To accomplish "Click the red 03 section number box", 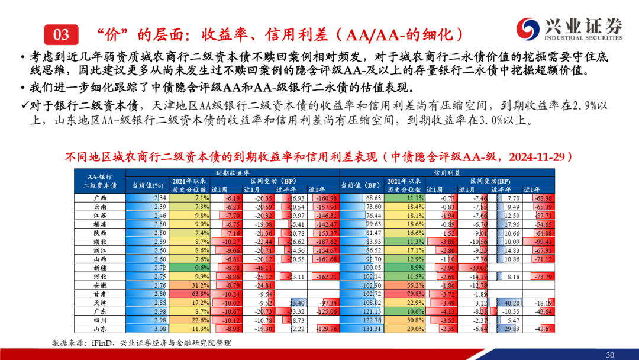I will tap(62, 34).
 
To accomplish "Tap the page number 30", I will tap(610, 355).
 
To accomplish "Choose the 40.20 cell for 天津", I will tap(510, 303).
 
